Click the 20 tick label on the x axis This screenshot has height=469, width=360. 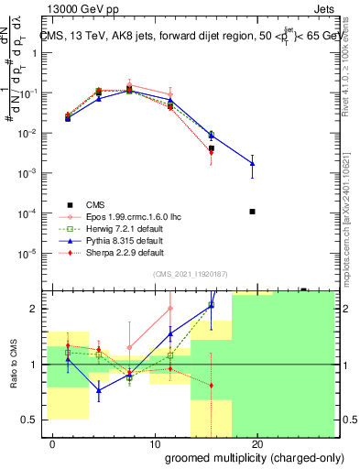pyautogui.click(x=257, y=444)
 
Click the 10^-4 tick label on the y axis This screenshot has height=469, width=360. pyautogui.click(x=28, y=213)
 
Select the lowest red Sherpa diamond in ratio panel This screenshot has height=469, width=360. pyautogui.click(x=212, y=385)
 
